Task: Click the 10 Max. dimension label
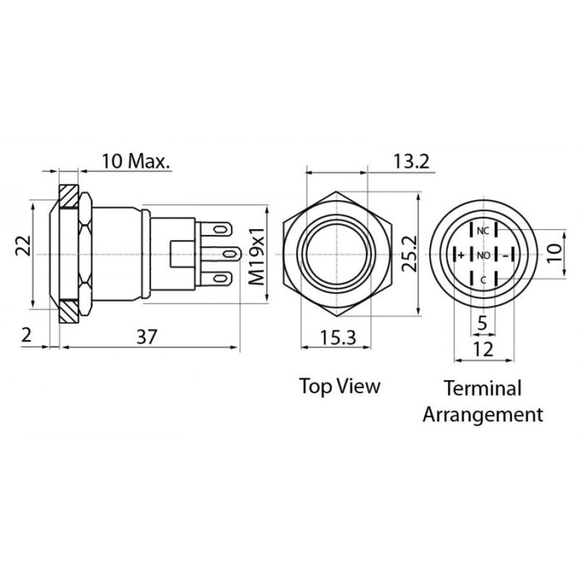coord(134,161)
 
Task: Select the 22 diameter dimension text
coord(23,246)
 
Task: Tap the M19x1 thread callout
coord(256,256)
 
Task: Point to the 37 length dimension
coord(147,337)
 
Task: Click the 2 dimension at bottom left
coord(27,335)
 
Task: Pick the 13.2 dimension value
coord(411,161)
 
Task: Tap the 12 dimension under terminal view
coord(483,349)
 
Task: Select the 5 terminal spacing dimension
coord(482,323)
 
